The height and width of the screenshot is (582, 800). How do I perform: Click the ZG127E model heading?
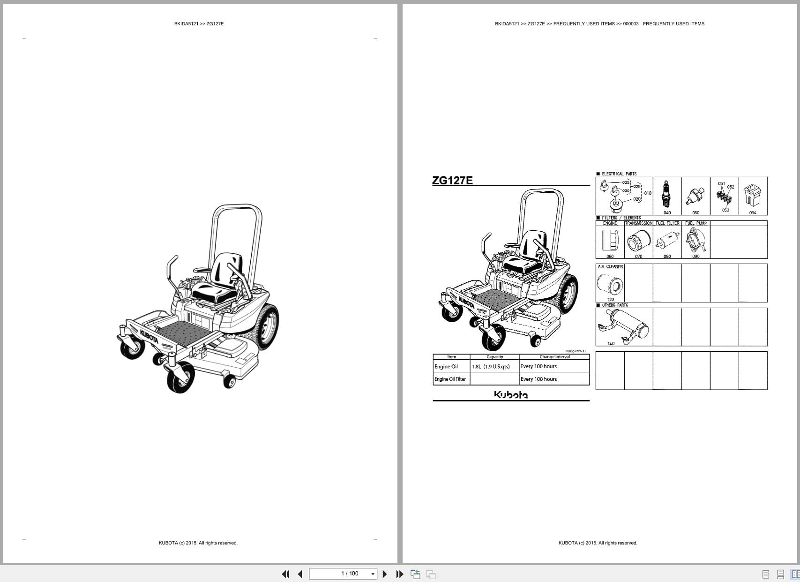click(452, 181)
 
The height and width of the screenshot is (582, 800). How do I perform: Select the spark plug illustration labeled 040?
click(666, 194)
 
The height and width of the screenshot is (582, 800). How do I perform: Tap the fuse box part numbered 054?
click(752, 196)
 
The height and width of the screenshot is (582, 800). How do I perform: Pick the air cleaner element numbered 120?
click(610, 283)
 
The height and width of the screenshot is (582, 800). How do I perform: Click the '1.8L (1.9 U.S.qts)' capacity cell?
click(491, 367)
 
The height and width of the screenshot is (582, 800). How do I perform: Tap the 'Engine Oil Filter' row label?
click(450, 379)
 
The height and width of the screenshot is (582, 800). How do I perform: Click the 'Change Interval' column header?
click(554, 357)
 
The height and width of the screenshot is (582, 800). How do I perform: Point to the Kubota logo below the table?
click(511, 395)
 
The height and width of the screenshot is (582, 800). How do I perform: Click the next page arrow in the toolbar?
click(385, 574)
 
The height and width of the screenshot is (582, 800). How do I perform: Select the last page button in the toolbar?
click(400, 574)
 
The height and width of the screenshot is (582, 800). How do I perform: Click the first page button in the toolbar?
click(285, 574)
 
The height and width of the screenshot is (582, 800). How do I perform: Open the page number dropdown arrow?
click(373, 574)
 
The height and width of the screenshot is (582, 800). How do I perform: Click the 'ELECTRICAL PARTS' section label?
click(619, 174)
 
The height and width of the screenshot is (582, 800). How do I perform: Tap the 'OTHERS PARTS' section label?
click(614, 305)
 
